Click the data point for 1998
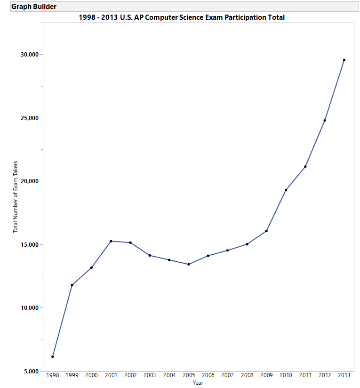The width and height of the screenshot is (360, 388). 53,356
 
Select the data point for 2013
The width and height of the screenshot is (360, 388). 344,60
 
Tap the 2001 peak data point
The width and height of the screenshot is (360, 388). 111,241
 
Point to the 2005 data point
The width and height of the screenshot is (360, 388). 189,264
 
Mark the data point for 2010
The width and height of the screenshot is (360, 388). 286,190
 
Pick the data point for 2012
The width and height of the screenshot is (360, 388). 325,121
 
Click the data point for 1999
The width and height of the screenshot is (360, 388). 72,285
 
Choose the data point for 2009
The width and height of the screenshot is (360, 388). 266,231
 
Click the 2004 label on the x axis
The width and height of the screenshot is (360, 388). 169,375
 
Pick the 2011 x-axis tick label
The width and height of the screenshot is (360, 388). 305,375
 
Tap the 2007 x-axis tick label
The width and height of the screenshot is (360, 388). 227,375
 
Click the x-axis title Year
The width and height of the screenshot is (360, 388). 198,383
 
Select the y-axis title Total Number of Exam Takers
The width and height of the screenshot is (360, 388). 16,197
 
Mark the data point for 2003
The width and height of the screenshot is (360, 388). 150,255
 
